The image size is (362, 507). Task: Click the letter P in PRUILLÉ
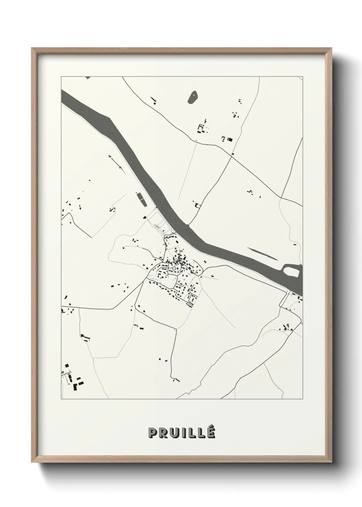pyautogui.click(x=152, y=433)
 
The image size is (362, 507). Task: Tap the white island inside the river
pyautogui.click(x=292, y=272)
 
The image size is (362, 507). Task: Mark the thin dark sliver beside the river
pyautogui.click(x=263, y=253)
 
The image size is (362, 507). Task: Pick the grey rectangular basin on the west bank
pyautogui.click(x=141, y=199)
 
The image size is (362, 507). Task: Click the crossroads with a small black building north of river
pyautogui.click(x=233, y=154)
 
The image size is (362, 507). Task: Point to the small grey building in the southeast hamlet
pyautogui.click(x=287, y=325)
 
